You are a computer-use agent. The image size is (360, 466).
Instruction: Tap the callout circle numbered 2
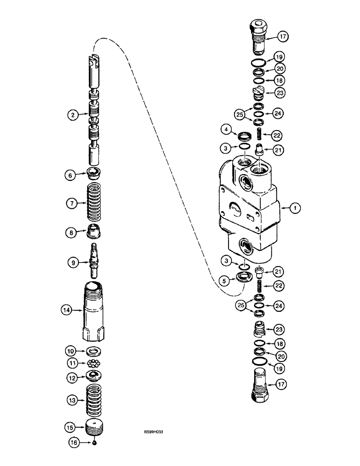pos(70,114)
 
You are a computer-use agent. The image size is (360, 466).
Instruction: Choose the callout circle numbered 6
pos(70,175)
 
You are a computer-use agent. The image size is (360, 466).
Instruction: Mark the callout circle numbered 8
pos(70,231)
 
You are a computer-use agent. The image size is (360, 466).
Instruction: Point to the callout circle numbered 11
pos(70,363)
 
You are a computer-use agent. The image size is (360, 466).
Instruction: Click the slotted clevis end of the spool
pos(95,62)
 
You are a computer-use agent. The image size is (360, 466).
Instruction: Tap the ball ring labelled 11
pos(94,363)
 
